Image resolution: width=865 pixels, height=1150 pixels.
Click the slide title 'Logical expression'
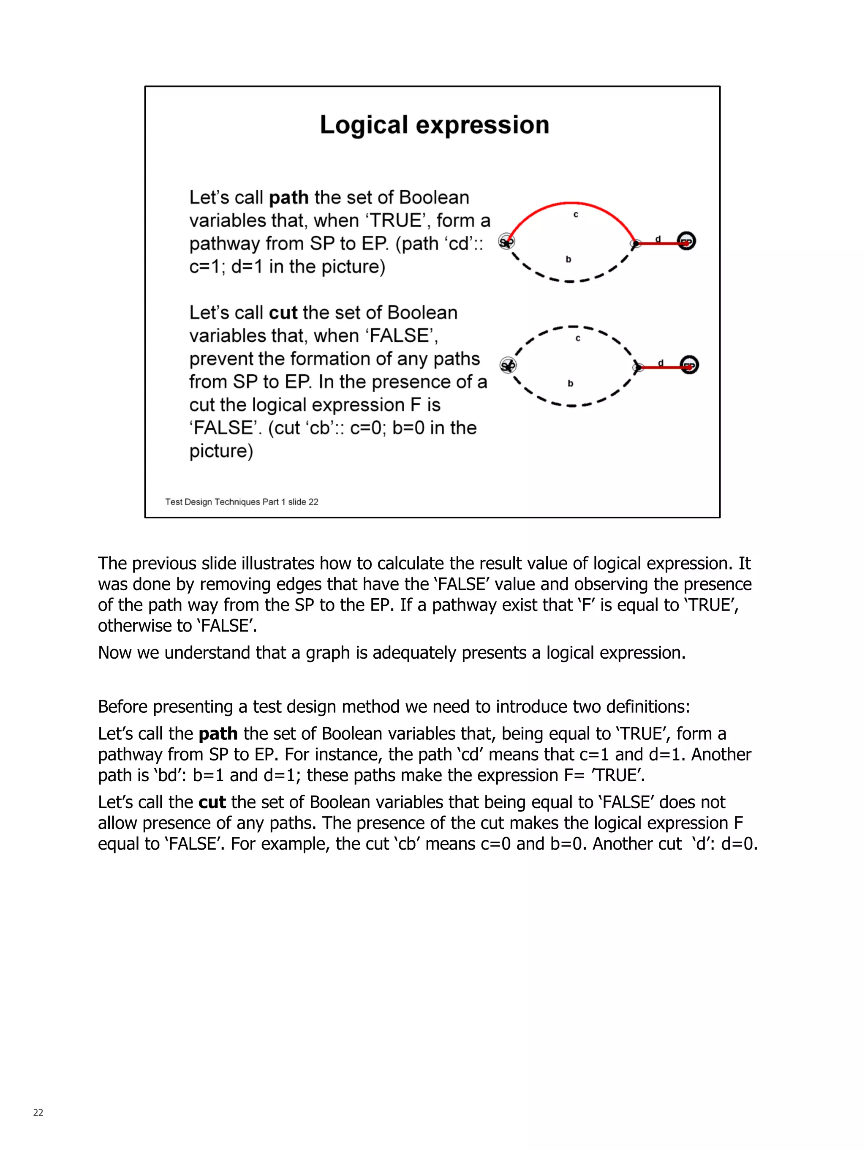point(434,125)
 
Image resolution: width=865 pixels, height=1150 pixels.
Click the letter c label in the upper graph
point(575,214)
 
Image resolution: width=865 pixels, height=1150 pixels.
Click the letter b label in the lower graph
point(570,383)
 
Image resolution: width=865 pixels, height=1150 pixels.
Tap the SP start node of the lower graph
point(507,365)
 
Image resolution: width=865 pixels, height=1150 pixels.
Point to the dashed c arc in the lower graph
point(572,327)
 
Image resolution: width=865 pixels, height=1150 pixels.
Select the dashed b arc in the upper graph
point(570,281)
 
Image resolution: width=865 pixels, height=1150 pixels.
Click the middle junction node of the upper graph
point(635,243)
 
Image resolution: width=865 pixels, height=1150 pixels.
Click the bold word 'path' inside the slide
point(288,198)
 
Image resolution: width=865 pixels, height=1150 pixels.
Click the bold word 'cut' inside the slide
point(283,313)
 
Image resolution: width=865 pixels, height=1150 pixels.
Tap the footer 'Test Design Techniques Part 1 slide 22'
point(241,501)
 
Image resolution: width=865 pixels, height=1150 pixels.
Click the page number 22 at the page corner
point(38,1112)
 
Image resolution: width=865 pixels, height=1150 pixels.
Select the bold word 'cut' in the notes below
point(212,802)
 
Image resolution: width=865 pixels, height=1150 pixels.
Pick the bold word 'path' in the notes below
point(218,733)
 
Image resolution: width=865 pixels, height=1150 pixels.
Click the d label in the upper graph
point(658,239)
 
